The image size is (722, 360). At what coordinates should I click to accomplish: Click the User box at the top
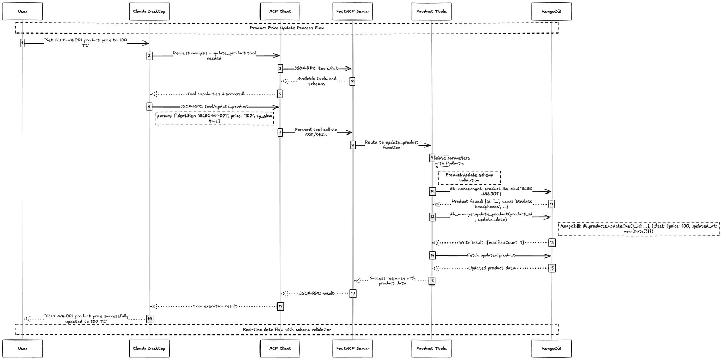click(22, 11)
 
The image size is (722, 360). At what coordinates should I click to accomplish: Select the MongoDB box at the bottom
click(551, 348)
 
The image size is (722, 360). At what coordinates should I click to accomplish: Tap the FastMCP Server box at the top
click(352, 11)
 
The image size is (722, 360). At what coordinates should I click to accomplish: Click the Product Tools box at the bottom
click(431, 348)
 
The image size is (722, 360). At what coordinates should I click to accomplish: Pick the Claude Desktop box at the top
click(149, 11)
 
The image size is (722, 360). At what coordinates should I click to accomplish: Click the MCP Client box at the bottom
click(280, 348)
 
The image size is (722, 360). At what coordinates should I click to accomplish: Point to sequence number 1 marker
click(22, 43)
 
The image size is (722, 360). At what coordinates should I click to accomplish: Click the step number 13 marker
click(551, 242)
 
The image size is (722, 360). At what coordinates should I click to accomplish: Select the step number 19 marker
click(149, 319)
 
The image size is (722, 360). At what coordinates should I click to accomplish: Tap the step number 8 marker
click(352, 145)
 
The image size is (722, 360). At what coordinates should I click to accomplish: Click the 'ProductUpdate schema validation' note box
click(469, 177)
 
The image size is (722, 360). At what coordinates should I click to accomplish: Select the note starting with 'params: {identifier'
click(214, 118)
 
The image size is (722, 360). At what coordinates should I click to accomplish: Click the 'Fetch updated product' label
click(491, 255)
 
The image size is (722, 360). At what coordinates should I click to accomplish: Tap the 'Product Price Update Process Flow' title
click(287, 28)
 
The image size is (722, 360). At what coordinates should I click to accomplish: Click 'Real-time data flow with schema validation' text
click(287, 329)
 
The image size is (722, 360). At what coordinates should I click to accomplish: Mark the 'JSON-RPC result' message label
click(316, 293)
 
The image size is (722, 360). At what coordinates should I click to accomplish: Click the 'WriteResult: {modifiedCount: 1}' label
click(491, 242)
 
